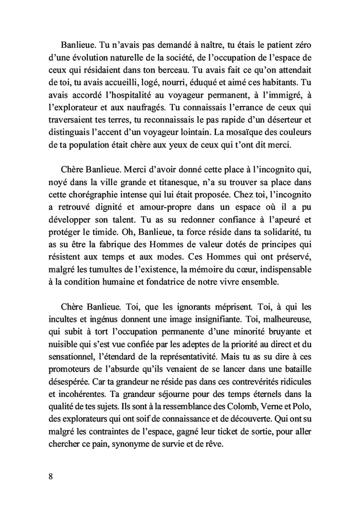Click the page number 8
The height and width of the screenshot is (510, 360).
pyautogui.click(x=50, y=475)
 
